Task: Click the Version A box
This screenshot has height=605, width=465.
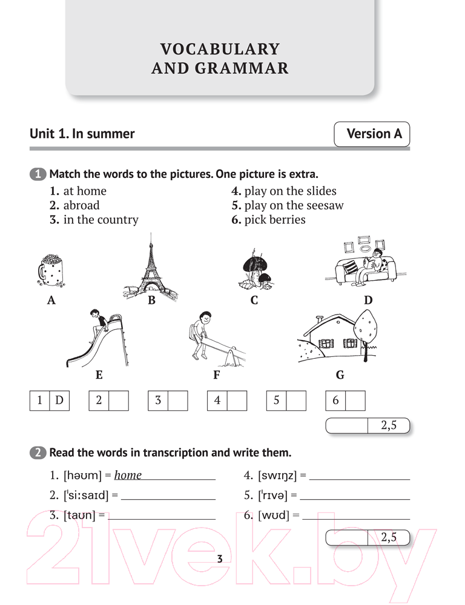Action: [x=372, y=134]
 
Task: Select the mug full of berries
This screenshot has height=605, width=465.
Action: [x=51, y=270]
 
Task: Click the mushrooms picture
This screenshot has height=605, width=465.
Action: [x=256, y=269]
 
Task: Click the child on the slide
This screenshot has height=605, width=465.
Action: [x=97, y=325]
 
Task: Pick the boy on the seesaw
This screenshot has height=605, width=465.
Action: [x=201, y=334]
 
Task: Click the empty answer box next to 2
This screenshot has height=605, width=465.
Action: [x=119, y=401]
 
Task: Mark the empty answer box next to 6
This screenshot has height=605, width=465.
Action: [x=355, y=401]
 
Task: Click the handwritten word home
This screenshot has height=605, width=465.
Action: [x=128, y=475]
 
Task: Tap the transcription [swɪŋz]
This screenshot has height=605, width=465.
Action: [x=277, y=476]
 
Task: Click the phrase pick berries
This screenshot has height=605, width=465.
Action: [x=275, y=220]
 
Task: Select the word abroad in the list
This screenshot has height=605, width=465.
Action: [x=81, y=205]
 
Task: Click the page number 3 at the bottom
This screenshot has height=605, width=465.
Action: [x=220, y=558]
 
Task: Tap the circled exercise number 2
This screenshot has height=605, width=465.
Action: [x=38, y=452]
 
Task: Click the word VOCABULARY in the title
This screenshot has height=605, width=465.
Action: [x=220, y=49]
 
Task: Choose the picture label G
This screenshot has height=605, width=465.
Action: [x=340, y=374]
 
